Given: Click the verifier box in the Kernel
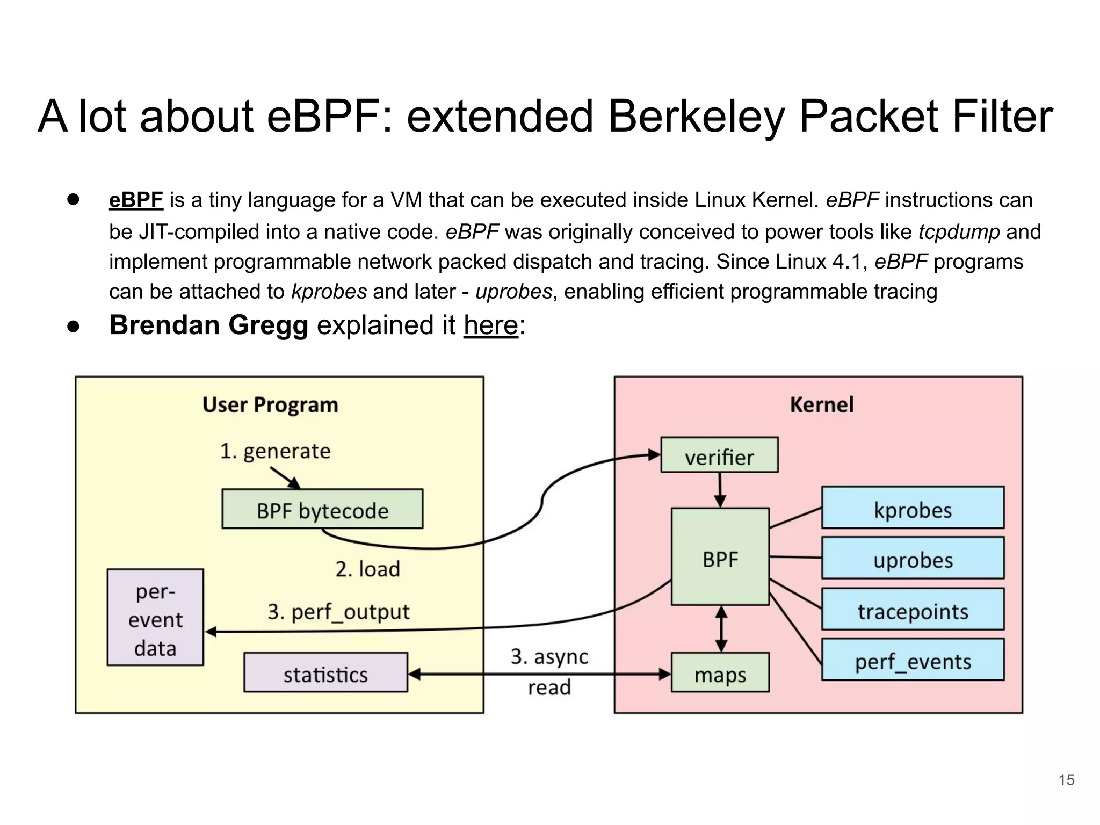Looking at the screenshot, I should (719, 455).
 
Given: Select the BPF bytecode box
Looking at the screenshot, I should (322, 509).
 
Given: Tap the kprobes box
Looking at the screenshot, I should (913, 508).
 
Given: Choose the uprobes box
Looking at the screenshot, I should (913, 558).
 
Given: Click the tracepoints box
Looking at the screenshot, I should (913, 609).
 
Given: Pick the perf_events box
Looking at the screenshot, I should (913, 660).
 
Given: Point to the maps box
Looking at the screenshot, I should (720, 672).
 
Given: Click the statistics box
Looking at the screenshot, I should (325, 672).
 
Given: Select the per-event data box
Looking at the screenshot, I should (155, 618).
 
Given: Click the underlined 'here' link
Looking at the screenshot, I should (491, 325).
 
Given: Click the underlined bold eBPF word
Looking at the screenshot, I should (136, 200).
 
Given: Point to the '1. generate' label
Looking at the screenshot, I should (275, 451).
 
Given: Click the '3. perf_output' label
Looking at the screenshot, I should (338, 612).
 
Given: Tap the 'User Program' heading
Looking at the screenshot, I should (270, 404).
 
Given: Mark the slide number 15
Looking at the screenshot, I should (1066, 780).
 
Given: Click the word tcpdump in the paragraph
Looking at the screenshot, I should (959, 232).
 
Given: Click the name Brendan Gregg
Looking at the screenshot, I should (209, 325).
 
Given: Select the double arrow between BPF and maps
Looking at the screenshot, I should (721, 629).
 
